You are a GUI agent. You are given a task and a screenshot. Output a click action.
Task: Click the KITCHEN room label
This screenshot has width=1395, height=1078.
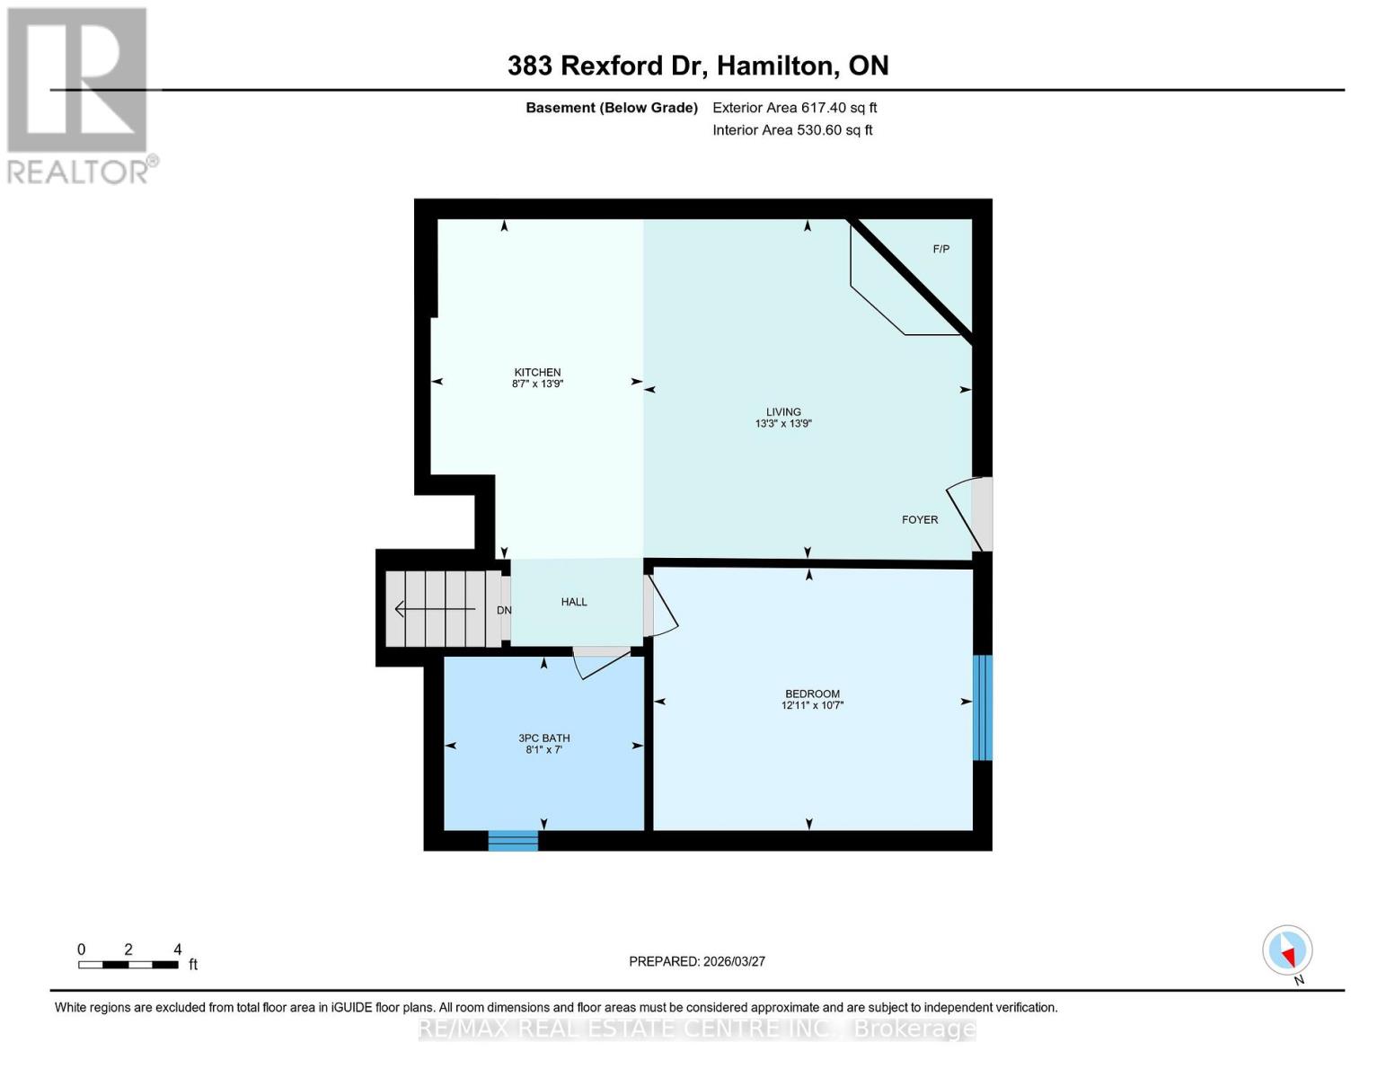(x=537, y=373)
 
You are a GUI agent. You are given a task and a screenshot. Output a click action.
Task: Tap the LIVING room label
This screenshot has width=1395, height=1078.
(x=783, y=412)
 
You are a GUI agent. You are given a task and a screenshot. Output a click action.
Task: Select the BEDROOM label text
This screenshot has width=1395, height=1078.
(x=812, y=694)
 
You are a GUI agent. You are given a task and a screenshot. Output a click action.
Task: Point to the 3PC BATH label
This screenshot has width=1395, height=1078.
(x=543, y=738)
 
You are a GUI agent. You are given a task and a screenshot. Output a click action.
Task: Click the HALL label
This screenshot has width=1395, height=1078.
(x=574, y=602)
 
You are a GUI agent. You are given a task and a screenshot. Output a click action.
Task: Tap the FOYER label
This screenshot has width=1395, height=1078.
(x=920, y=520)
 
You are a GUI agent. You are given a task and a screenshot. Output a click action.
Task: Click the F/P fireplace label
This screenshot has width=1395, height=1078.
(x=940, y=249)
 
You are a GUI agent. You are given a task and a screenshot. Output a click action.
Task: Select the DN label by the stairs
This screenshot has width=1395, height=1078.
(x=504, y=611)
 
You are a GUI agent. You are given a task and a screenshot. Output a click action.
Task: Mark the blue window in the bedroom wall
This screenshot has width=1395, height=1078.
(x=983, y=708)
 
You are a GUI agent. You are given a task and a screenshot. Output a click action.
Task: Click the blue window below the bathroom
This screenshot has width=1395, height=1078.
(x=513, y=841)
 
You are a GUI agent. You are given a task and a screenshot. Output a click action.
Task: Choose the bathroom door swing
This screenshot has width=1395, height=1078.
(x=598, y=663)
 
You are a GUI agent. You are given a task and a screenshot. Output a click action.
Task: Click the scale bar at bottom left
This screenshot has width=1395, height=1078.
(x=128, y=965)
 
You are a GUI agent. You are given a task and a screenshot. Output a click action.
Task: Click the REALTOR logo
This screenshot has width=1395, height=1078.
(x=79, y=95)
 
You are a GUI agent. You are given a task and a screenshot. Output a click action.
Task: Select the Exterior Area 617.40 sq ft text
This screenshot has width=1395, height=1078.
(x=794, y=108)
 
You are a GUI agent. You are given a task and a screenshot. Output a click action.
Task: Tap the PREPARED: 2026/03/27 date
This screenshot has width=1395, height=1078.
(x=697, y=961)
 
